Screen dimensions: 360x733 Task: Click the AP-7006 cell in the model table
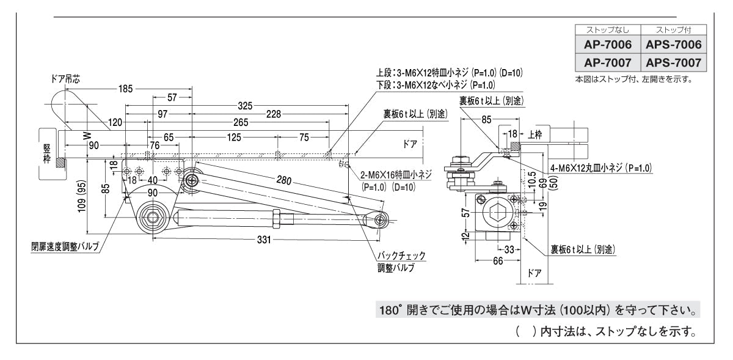(x=607, y=45)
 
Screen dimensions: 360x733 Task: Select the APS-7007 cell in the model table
(x=673, y=63)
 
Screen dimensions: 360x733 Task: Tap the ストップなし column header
(x=607, y=29)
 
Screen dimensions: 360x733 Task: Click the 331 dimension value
(x=263, y=240)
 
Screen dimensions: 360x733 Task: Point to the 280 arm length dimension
(x=283, y=182)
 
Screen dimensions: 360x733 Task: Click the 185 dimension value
(x=125, y=89)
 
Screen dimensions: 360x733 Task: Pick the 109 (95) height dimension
(x=89, y=198)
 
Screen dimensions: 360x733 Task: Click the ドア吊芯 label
(x=65, y=79)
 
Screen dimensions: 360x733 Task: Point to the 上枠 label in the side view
(x=535, y=133)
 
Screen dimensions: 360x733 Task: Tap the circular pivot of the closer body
(x=152, y=216)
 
